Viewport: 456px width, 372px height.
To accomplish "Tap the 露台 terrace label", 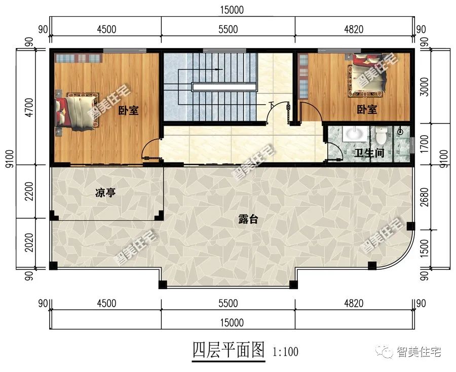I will coord(248,219).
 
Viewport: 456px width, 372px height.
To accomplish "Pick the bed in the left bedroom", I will coord(76,111).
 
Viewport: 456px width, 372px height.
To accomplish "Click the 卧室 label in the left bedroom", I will coord(128,111).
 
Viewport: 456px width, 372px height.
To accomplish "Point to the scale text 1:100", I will coord(285,351).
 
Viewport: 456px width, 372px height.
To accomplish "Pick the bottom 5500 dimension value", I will coord(227,304).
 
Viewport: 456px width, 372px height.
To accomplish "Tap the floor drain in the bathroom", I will coord(400,132).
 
